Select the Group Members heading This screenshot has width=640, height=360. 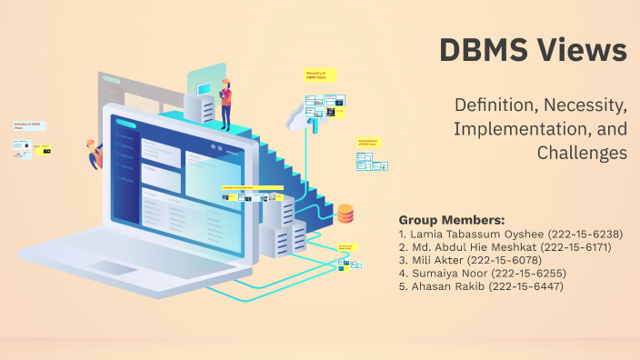[x=451, y=220]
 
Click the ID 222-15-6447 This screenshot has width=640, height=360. [x=526, y=286]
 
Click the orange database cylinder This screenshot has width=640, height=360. [x=345, y=214]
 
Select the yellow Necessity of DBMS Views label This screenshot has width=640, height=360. [x=320, y=75]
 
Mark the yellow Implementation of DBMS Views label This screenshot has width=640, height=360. [x=369, y=143]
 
